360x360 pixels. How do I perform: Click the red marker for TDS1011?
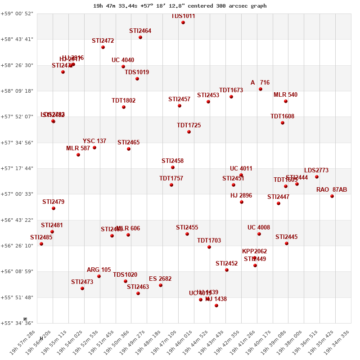click(183, 22)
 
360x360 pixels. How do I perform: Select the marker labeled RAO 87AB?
click(332, 196)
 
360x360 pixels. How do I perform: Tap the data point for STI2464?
click(140, 37)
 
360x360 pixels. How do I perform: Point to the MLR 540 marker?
click(286, 101)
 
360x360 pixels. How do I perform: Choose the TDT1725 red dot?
click(189, 132)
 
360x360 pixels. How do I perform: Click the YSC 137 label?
click(94, 141)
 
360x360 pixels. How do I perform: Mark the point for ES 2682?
click(161, 285)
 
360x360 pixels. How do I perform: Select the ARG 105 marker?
click(99, 276)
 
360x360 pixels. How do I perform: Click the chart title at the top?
click(180, 6)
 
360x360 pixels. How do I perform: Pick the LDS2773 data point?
click(317, 177)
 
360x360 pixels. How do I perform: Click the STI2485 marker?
click(41, 244)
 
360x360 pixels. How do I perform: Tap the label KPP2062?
click(255, 252)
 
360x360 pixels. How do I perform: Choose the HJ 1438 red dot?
click(216, 306)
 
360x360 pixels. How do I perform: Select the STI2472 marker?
click(103, 47)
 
